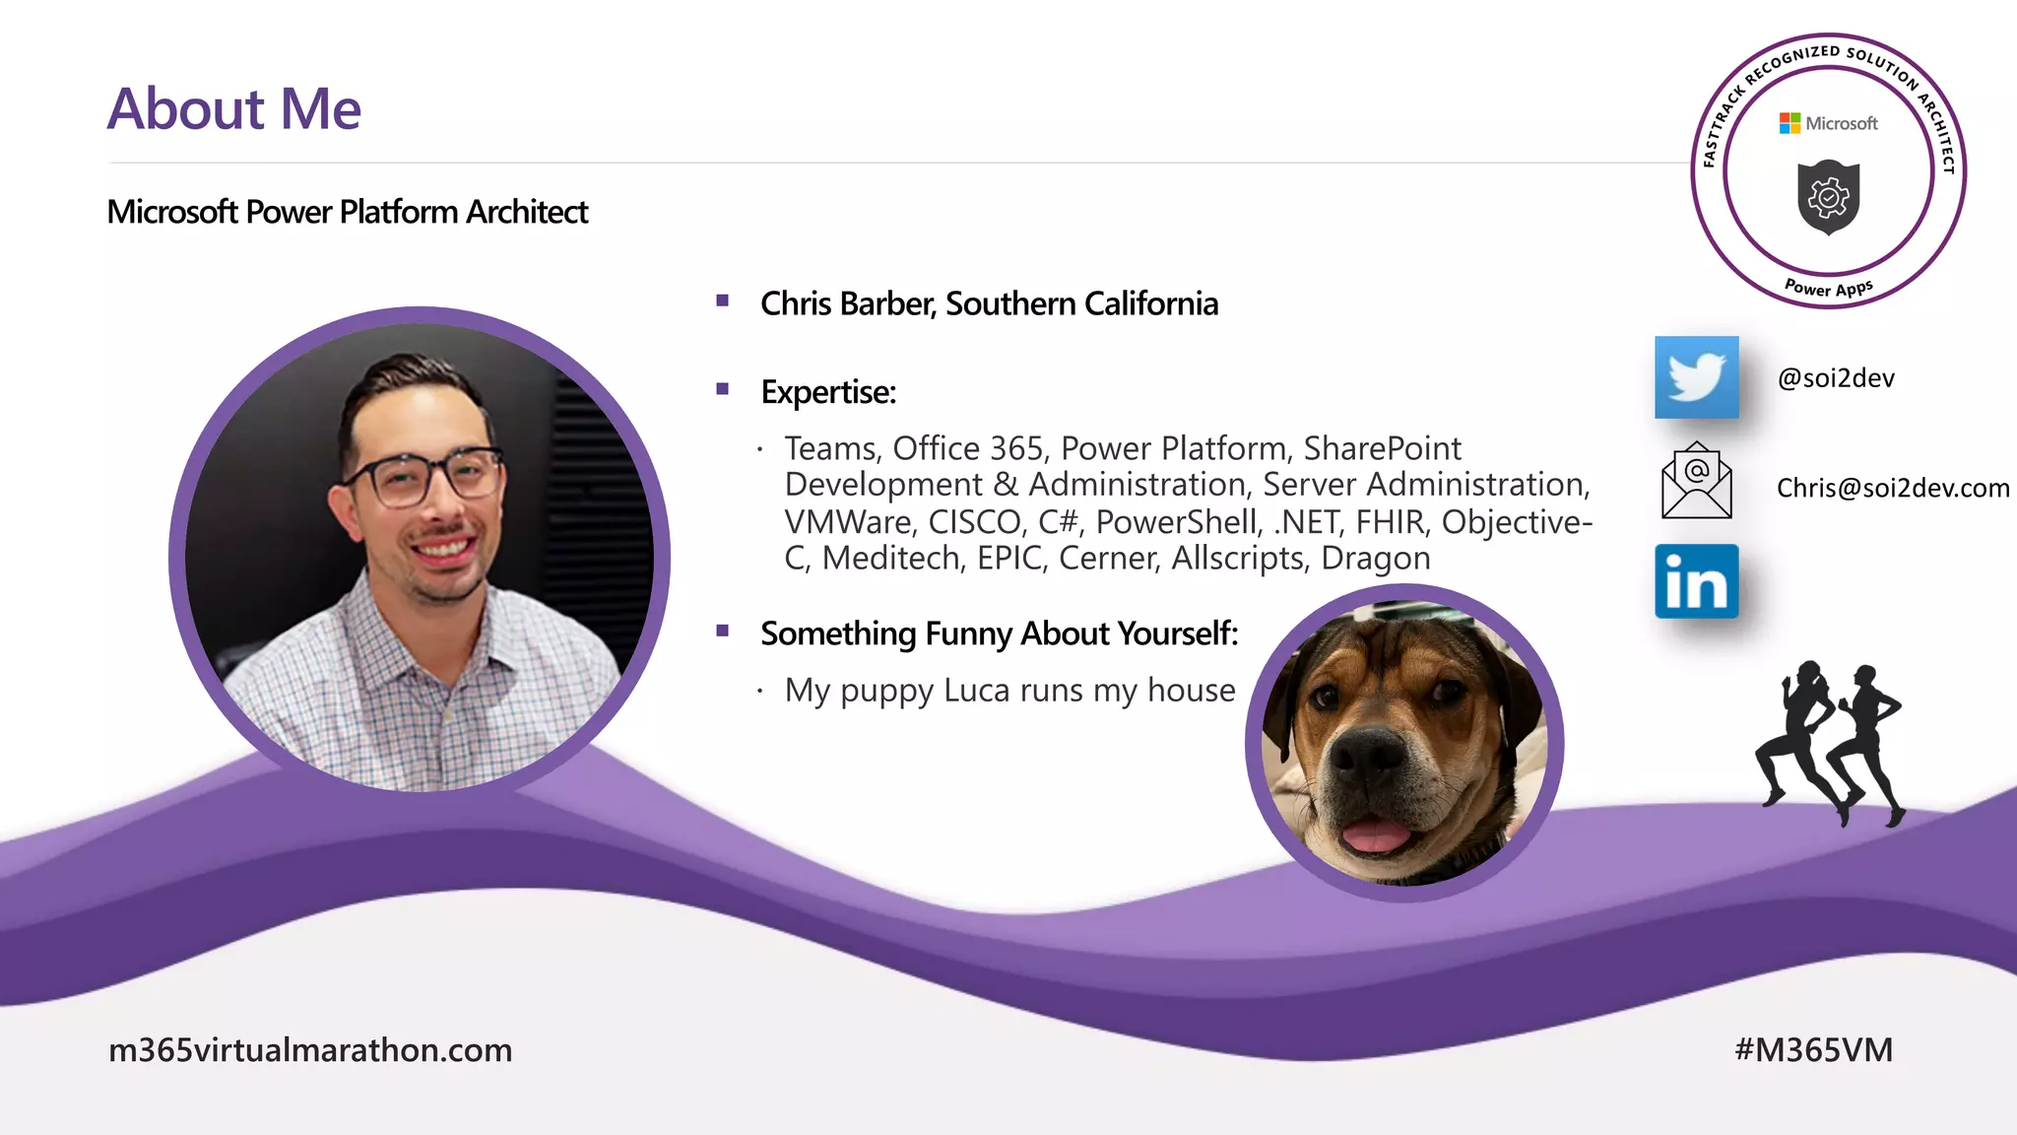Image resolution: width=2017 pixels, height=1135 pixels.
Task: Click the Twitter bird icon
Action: point(1696,377)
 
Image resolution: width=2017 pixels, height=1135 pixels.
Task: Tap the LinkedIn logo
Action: point(1696,581)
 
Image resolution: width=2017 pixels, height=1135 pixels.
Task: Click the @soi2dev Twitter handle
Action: point(1836,378)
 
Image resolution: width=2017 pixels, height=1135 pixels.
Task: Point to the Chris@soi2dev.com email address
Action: point(1892,488)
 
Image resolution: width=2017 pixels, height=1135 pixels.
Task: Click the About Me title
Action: point(234,108)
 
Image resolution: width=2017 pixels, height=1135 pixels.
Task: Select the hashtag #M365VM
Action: point(1813,1050)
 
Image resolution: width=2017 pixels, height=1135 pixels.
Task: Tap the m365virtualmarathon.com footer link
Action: point(310,1050)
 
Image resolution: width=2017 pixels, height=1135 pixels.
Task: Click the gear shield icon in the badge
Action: point(1828,197)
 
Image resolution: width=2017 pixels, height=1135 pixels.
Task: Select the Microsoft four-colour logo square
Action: point(1789,123)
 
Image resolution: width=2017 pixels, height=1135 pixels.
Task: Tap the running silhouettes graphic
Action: point(1830,744)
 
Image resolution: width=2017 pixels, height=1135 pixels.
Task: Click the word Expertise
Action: point(827,392)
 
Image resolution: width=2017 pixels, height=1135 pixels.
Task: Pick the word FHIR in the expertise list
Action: point(1390,522)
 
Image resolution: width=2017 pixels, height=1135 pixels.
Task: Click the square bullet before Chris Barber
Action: point(723,300)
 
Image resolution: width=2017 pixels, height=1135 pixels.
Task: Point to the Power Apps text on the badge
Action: point(1829,288)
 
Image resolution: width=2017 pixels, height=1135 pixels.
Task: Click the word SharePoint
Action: point(1382,449)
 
